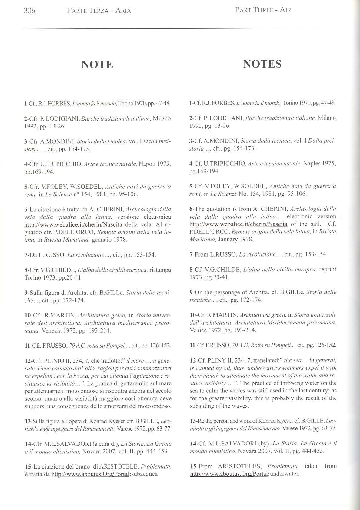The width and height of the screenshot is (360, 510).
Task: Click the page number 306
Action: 29,11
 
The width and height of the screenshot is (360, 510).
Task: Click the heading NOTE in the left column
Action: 97,65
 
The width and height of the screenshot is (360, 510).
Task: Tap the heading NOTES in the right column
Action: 262,64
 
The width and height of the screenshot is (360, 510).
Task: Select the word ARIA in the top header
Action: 123,11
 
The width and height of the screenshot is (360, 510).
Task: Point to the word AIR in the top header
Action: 285,10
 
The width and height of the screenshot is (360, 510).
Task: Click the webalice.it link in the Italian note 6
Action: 73,225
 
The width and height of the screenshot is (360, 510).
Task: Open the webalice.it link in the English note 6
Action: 238,224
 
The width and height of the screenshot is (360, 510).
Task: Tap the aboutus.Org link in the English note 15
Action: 229,474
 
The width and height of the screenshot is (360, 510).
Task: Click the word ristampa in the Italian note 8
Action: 160,270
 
